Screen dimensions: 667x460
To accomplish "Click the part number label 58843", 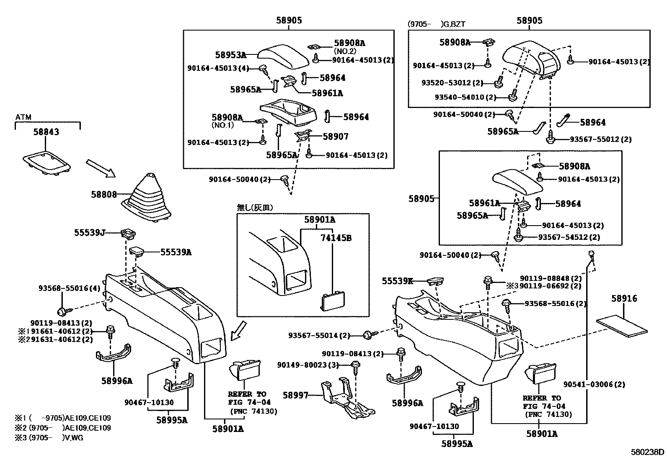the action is coord(46,132).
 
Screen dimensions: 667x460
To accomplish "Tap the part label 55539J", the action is coord(90,233).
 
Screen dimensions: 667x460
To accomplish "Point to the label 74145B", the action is coord(336,238).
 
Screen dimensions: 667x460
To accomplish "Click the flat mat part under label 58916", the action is coord(622,328).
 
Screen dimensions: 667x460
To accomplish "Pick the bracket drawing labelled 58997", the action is coord(347,398).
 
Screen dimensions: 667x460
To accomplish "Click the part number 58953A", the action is coord(231,55).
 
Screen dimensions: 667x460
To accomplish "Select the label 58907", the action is coord(336,136).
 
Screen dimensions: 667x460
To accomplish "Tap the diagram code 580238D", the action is coord(647,452).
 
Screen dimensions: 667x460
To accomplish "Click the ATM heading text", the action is coord(23,117).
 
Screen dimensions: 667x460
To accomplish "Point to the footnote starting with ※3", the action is coord(49,438).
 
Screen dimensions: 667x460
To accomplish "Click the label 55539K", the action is coord(398,281).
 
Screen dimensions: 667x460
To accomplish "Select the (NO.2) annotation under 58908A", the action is coord(345,51).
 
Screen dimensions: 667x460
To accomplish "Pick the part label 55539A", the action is coord(176,252).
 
